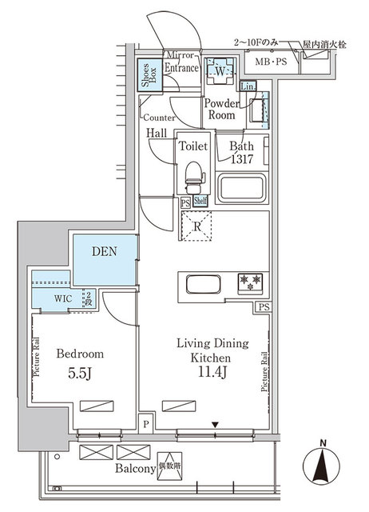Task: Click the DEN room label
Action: tap(104, 251)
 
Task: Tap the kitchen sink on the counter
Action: tap(198, 284)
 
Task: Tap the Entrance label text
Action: tap(181, 70)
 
